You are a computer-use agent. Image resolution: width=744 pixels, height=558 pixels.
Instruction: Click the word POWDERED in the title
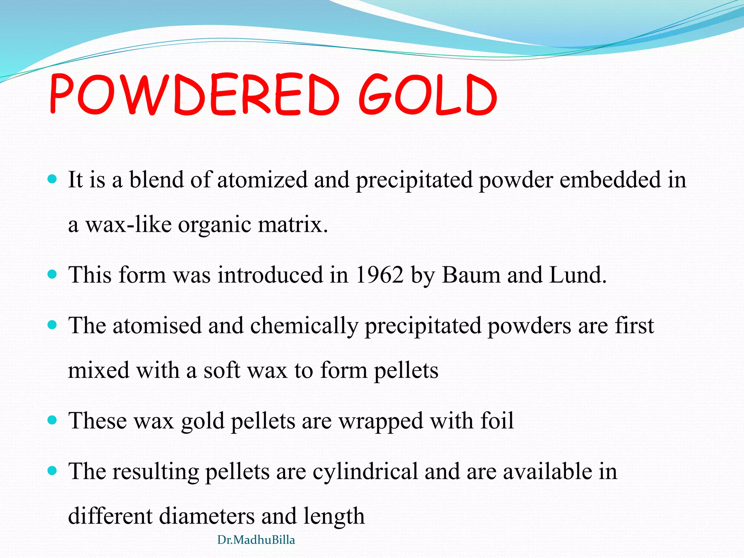pos(194,94)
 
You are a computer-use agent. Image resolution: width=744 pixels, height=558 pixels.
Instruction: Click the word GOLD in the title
pos(428,94)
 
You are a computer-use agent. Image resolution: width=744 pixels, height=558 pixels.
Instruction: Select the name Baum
pos(471,275)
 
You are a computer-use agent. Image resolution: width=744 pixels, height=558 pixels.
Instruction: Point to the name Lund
pos(578,275)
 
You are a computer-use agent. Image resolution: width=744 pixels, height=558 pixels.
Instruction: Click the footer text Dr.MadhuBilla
pos(256,540)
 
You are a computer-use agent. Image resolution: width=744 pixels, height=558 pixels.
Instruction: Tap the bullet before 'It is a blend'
pos(53,179)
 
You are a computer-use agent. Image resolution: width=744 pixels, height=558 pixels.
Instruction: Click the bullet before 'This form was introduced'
pos(53,274)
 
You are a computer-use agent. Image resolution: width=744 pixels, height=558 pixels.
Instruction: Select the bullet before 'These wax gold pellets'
pos(53,420)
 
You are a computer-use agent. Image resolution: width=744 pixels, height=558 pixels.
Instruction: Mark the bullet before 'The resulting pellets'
pos(53,471)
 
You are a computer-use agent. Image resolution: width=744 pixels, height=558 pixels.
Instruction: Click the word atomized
pos(262,180)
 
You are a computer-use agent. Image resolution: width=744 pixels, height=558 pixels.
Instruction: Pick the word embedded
pos(610,180)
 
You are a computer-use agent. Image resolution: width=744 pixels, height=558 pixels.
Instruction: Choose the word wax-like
pos(128,225)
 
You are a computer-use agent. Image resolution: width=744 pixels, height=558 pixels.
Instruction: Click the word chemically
pos(304,325)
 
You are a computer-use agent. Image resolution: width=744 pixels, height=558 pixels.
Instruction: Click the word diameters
pos(207,516)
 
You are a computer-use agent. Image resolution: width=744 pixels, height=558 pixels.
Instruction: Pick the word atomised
pos(157,325)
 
